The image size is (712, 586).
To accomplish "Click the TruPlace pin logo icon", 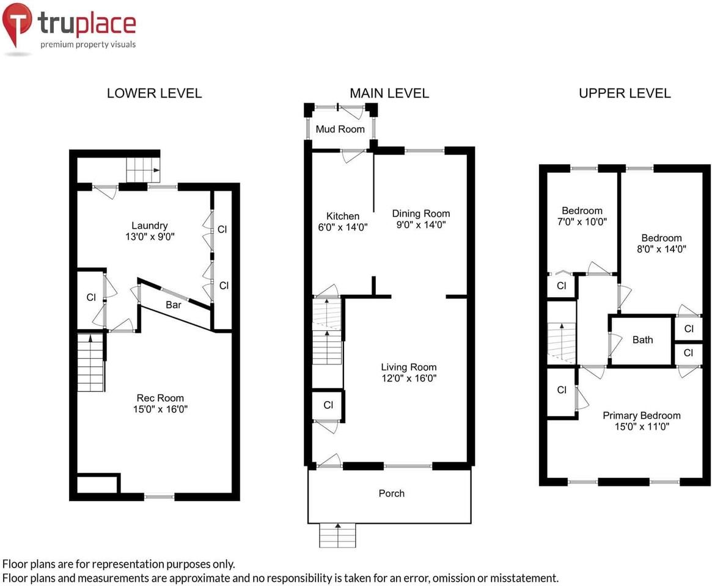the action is tap(17, 23).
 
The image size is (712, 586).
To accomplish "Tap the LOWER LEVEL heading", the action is tap(155, 93).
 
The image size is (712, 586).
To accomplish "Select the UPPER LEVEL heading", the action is tap(625, 93).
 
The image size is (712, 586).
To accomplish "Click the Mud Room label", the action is tap(340, 129).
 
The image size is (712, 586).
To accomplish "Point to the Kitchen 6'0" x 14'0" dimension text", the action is tap(343, 227).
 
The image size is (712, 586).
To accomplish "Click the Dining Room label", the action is tap(421, 214).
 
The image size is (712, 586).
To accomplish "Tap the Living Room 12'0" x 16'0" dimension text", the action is tap(409, 378).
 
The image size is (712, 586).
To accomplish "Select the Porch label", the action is tap(391, 493).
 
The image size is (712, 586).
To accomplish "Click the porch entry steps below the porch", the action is tap(337, 536).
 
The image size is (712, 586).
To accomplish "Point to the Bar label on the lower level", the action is tap(174, 305).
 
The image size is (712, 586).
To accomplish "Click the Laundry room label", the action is tap(149, 226).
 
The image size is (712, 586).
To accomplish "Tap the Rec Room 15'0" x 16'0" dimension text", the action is tap(160, 409).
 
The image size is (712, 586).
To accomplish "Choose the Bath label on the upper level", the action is tap(642, 340).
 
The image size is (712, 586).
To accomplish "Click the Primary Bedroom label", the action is tap(642, 416).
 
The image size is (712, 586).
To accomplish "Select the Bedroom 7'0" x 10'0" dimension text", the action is tap(582, 222).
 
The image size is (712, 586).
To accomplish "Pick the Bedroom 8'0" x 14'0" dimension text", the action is tap(662, 249).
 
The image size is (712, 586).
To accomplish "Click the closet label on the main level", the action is tap(328, 405).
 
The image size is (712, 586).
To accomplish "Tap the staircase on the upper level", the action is tap(561, 343).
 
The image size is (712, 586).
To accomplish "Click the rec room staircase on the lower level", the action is tap(91, 363).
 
